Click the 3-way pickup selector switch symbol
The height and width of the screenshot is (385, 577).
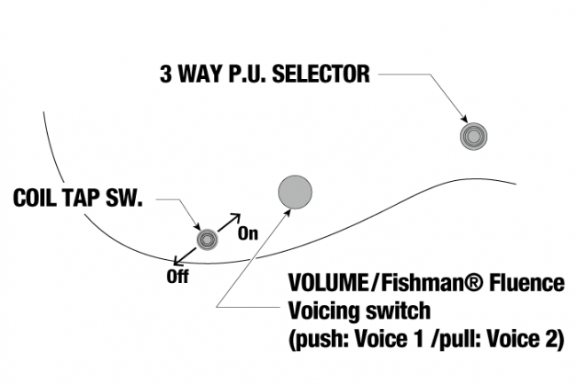tap(473, 136)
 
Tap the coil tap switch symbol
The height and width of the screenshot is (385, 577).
tap(208, 240)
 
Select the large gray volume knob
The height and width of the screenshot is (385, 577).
tap(296, 190)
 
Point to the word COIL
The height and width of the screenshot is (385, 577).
tap(37, 199)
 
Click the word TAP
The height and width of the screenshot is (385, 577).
tap(84, 199)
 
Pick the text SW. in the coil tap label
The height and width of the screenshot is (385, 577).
tap(127, 199)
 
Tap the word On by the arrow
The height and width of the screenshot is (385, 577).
tap(248, 234)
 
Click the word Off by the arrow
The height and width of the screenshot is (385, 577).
tap(178, 276)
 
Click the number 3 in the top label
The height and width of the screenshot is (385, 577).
tap(166, 74)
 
